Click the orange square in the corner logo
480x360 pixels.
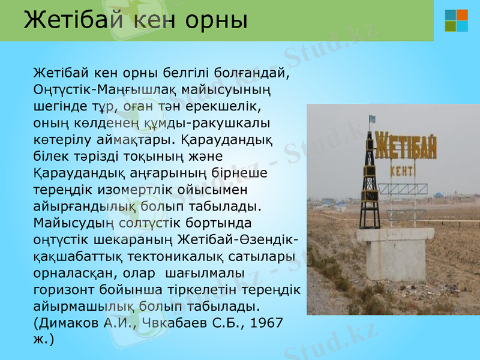tap(462, 14)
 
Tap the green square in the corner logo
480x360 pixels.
tap(451, 26)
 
